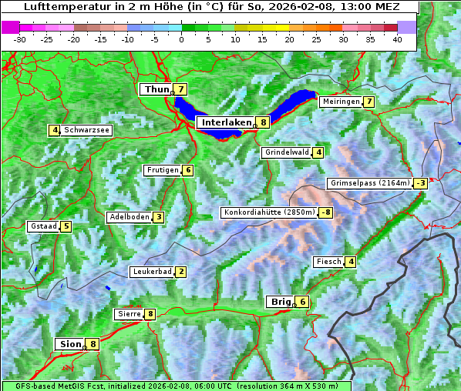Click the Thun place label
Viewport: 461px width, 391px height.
(156, 90)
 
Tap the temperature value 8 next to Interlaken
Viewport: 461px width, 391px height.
(263, 122)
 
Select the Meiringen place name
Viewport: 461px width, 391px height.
(341, 102)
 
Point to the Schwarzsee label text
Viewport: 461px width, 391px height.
(87, 130)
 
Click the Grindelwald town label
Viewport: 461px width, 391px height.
(287, 152)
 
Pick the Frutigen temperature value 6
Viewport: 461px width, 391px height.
(188, 170)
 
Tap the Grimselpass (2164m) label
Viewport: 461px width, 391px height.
(369, 183)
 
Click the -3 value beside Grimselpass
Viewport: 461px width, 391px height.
(420, 183)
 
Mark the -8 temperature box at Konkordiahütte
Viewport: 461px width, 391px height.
(326, 212)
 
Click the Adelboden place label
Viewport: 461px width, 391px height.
(129, 217)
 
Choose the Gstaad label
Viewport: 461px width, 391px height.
(44, 226)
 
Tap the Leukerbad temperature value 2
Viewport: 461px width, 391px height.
(180, 272)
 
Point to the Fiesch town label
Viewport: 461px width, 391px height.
(328, 262)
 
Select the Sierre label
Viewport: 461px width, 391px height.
(128, 314)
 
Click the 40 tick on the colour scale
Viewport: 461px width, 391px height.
(397, 38)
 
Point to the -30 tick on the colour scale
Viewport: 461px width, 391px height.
(20, 38)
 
